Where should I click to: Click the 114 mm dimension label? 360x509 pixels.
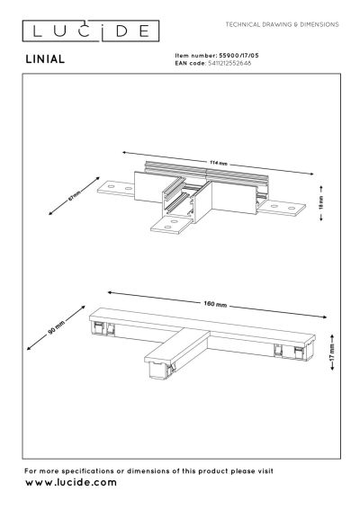click(x=214, y=163)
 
